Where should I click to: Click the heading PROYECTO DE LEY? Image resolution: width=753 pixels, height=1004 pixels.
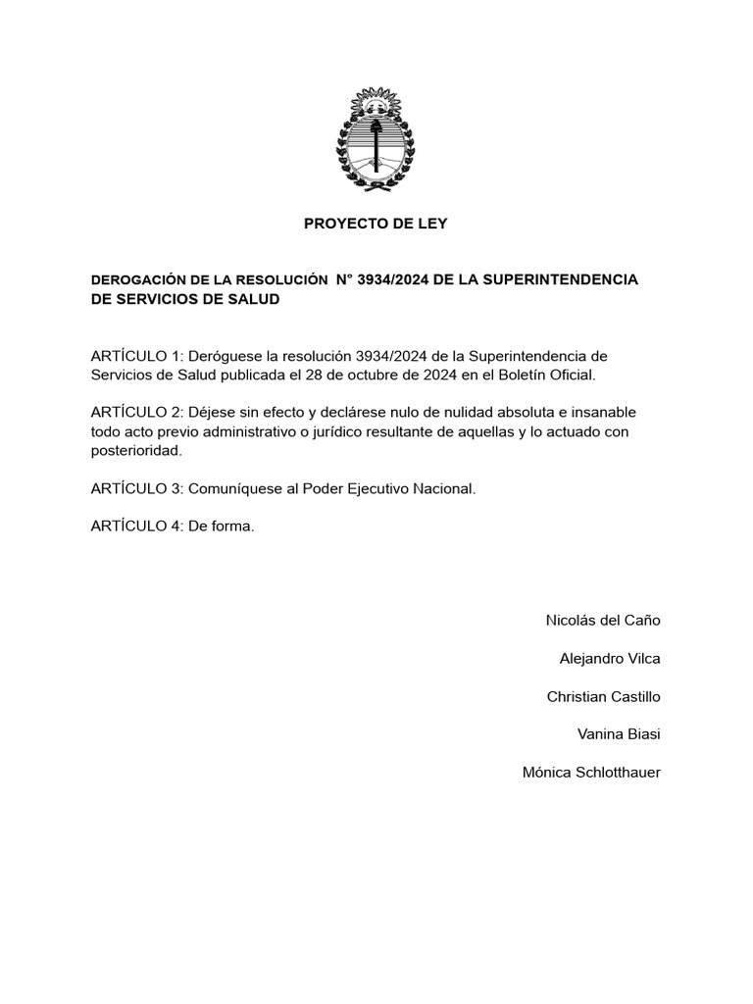click(x=376, y=224)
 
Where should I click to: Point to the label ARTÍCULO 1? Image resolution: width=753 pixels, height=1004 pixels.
click(x=136, y=355)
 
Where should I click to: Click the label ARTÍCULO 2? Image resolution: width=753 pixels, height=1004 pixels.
click(x=136, y=412)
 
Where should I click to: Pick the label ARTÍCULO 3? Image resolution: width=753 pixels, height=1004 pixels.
click(x=136, y=488)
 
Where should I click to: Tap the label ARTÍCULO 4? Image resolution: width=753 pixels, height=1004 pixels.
click(x=136, y=527)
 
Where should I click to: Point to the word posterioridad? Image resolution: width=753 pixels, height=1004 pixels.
click(x=136, y=450)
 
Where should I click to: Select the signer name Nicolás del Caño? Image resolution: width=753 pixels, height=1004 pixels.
click(x=603, y=621)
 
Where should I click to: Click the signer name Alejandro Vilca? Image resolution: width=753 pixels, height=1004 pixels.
click(x=610, y=659)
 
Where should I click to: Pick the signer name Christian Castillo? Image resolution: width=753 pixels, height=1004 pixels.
click(x=604, y=697)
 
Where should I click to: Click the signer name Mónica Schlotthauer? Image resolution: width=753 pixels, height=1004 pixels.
click(x=592, y=774)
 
